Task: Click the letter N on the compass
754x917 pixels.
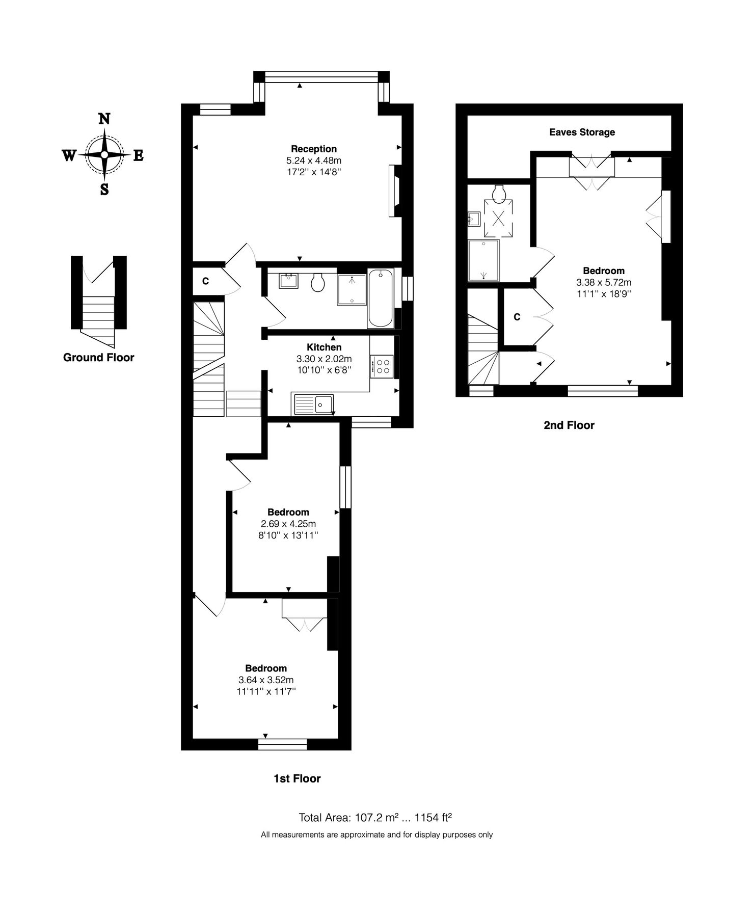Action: point(104,119)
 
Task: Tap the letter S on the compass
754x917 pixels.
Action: point(104,190)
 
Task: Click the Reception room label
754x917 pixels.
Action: point(314,149)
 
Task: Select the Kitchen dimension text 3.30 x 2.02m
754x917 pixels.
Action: point(324,359)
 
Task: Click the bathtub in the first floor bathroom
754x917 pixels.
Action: point(380,299)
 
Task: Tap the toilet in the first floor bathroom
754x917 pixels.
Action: point(318,283)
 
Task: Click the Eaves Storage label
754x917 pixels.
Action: point(582,132)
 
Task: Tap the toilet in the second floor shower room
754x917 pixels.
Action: point(499,193)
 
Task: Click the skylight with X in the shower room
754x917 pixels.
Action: point(498,219)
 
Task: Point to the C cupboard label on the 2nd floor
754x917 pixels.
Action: point(517,317)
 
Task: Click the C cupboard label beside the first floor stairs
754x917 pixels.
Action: point(206,281)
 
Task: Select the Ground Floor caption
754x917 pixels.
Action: point(98,358)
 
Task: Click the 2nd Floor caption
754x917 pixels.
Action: point(569,425)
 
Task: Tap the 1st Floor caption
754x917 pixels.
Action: point(297,778)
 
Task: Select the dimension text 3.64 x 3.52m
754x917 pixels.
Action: point(266,680)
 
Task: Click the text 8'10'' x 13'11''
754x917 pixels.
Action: point(288,535)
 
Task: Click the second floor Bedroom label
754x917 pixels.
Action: point(604,271)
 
